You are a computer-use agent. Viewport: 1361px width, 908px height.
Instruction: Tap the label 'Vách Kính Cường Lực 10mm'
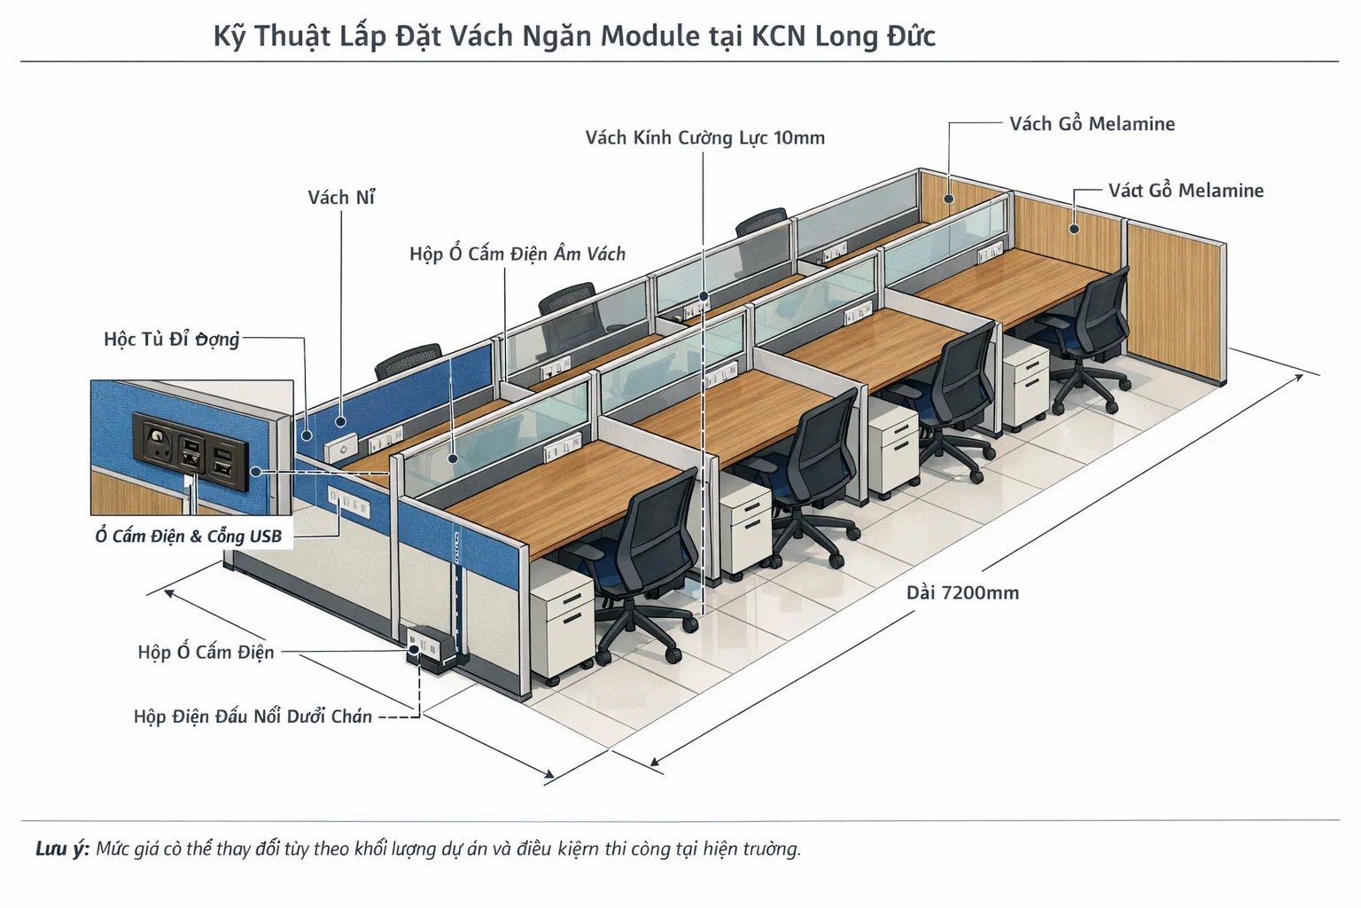tap(704, 138)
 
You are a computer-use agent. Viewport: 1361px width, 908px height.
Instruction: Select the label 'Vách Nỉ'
tap(341, 197)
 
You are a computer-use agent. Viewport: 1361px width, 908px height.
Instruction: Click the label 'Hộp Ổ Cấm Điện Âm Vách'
tap(517, 254)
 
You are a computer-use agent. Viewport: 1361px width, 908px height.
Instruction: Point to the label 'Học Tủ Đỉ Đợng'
tap(171, 339)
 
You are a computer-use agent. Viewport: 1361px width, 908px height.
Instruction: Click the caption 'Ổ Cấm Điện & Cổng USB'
tap(189, 536)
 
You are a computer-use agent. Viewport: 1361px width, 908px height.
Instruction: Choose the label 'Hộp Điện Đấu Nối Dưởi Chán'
tap(253, 716)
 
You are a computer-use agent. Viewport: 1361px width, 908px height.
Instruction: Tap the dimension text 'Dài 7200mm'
tap(962, 592)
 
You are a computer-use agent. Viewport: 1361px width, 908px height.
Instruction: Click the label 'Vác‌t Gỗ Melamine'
tap(1186, 191)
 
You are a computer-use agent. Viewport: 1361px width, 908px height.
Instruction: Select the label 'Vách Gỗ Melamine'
tap(1092, 124)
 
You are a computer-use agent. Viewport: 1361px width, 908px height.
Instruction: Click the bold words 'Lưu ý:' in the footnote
tap(62, 849)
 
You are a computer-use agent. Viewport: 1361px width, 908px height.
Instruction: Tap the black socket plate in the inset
tap(191, 451)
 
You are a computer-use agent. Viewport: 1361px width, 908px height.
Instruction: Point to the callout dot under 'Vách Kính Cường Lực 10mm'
tap(704, 296)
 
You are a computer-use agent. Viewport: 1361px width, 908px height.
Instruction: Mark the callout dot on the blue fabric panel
tap(341, 421)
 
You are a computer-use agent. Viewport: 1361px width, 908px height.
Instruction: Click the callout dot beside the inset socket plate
tap(256, 472)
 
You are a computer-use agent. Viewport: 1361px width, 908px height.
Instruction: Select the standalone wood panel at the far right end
tap(1177, 302)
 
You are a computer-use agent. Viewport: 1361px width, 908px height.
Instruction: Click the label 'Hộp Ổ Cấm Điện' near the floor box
tap(206, 652)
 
